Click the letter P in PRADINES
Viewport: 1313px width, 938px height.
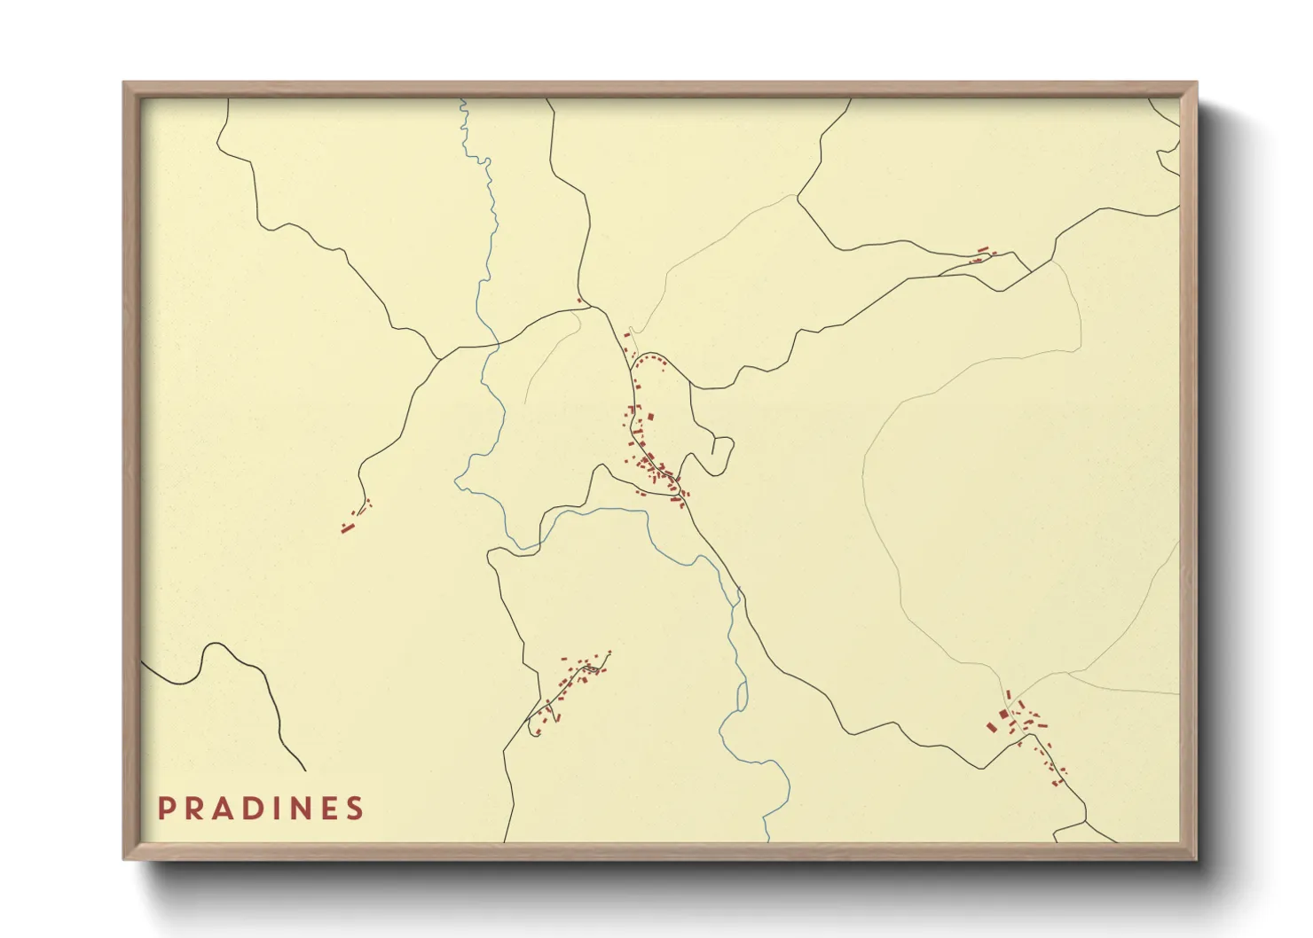166,809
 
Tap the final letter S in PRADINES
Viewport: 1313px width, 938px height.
356,809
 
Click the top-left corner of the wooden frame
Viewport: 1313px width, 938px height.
125,83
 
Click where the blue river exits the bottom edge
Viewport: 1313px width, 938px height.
767,840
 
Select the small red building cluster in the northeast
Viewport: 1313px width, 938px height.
981,255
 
